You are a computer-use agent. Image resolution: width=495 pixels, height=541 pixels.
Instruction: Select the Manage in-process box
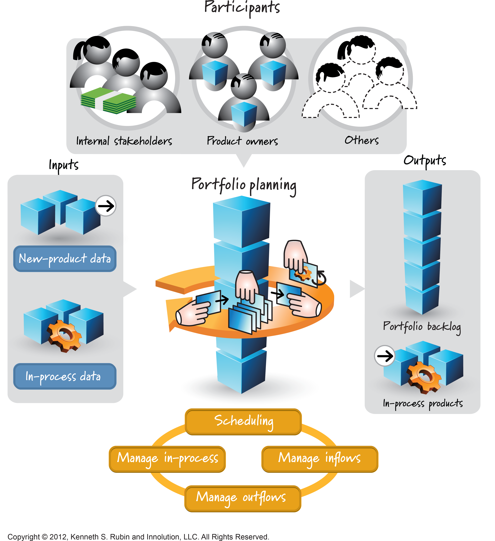(167, 459)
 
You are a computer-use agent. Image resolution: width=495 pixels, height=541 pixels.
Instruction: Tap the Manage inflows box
(320, 459)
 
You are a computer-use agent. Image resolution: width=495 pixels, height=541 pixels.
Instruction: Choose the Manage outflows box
(243, 498)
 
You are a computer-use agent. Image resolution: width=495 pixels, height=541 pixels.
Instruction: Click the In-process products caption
(423, 403)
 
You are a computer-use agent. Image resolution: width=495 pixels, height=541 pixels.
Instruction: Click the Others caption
(362, 140)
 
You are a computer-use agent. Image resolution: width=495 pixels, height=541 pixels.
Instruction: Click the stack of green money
(108, 101)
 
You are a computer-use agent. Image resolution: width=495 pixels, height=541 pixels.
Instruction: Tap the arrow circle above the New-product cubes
(106, 206)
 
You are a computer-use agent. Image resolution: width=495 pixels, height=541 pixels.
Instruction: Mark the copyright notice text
(138, 537)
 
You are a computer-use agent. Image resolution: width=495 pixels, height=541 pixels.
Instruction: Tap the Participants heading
(242, 8)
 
